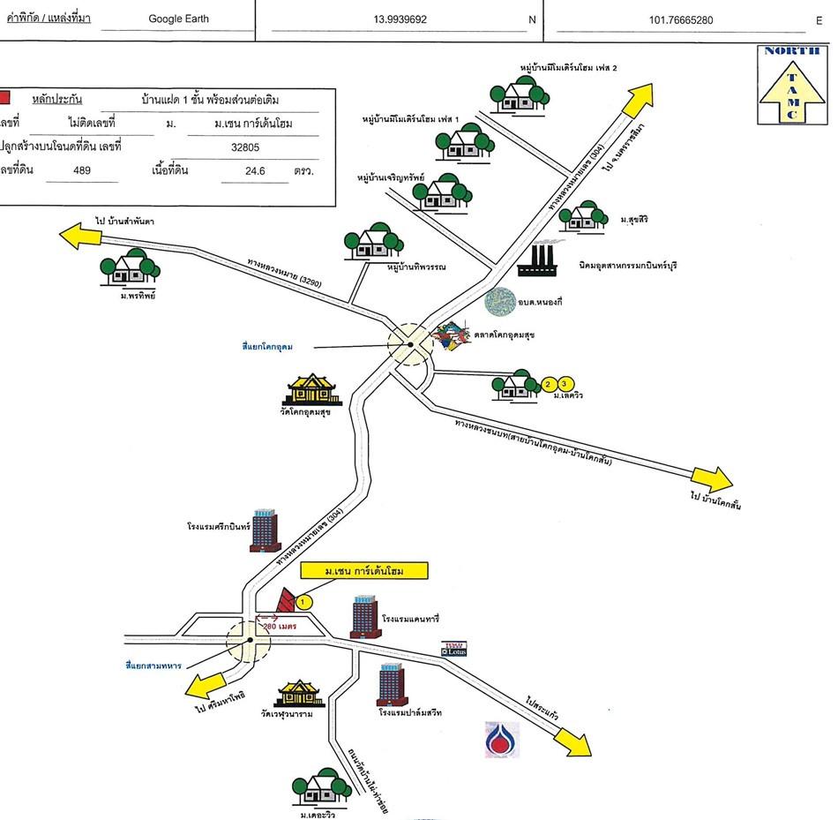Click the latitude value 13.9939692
398,18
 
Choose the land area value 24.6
254,170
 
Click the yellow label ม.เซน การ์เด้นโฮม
363,571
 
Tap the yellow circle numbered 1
304,602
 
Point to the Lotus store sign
455,649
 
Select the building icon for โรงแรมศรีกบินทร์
264,530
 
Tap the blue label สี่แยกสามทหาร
153,665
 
